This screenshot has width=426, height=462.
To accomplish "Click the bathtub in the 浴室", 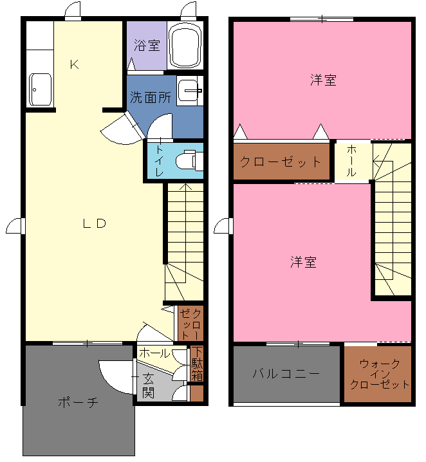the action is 185,45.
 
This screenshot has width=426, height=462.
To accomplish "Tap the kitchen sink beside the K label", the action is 41,89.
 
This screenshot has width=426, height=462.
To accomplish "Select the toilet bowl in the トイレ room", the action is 189,161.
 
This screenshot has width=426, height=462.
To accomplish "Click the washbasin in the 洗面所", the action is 190,91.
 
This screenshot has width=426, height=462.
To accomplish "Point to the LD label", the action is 95,223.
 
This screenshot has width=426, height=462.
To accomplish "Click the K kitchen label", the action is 74,64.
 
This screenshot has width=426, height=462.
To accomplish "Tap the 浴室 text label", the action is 147,46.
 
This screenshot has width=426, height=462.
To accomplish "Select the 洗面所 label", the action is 151,97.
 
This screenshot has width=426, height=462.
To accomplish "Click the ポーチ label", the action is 78,402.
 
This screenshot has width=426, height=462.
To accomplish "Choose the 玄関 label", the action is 148,386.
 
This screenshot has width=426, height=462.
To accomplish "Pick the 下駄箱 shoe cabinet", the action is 197,364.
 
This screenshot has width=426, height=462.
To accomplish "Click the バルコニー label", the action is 286,374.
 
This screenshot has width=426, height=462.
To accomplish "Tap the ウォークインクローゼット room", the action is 378,374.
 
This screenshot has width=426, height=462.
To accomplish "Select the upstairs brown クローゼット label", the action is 281,162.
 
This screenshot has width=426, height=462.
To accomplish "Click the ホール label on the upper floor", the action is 351,161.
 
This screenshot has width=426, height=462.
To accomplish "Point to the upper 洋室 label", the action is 323,80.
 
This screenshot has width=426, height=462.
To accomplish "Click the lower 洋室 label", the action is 304,262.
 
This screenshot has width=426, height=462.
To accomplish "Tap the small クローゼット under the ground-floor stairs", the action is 191,324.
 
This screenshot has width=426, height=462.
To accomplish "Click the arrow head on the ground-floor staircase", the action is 185,187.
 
